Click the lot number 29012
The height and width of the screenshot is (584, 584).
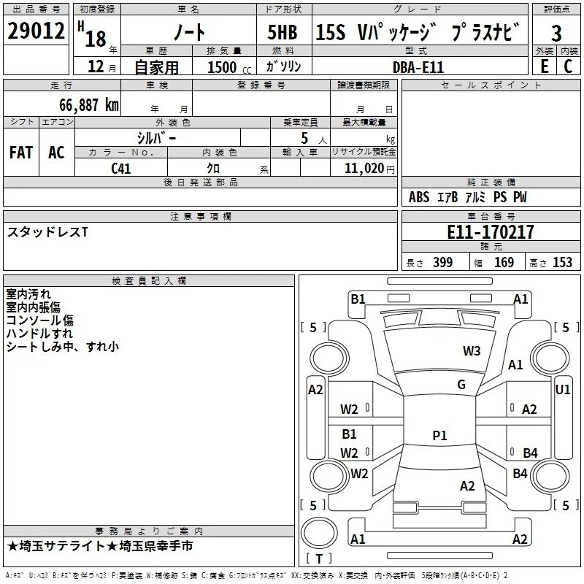pyautogui.click(x=36, y=31)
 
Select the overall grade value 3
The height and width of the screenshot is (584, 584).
pyautogui.click(x=556, y=34)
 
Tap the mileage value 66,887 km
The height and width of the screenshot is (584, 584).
pyautogui.click(x=89, y=105)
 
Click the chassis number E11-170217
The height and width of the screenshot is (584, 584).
pyautogui.click(x=491, y=231)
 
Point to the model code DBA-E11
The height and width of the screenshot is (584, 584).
pyautogui.click(x=418, y=67)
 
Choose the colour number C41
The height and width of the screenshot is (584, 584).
pyautogui.click(x=121, y=169)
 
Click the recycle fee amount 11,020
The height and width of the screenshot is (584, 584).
pyautogui.click(x=364, y=169)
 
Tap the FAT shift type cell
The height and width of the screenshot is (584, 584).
pyautogui.click(x=21, y=153)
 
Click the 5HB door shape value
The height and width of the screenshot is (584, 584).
pyautogui.click(x=283, y=32)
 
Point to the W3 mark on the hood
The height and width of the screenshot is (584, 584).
pyautogui.click(x=472, y=351)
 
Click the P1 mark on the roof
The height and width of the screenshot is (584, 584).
pyautogui.click(x=439, y=435)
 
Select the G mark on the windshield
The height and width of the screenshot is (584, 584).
pyautogui.click(x=461, y=385)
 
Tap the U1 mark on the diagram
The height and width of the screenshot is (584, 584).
pyautogui.click(x=562, y=390)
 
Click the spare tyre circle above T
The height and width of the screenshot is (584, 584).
pyautogui.click(x=319, y=533)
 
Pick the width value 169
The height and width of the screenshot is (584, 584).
pyautogui.click(x=504, y=262)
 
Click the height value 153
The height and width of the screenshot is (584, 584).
pyautogui.click(x=562, y=262)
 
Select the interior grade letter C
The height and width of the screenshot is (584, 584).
pyautogui.click(x=568, y=66)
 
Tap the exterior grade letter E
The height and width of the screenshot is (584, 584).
pyautogui.click(x=545, y=66)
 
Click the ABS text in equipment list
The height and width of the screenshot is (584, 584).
pyautogui.click(x=419, y=196)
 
